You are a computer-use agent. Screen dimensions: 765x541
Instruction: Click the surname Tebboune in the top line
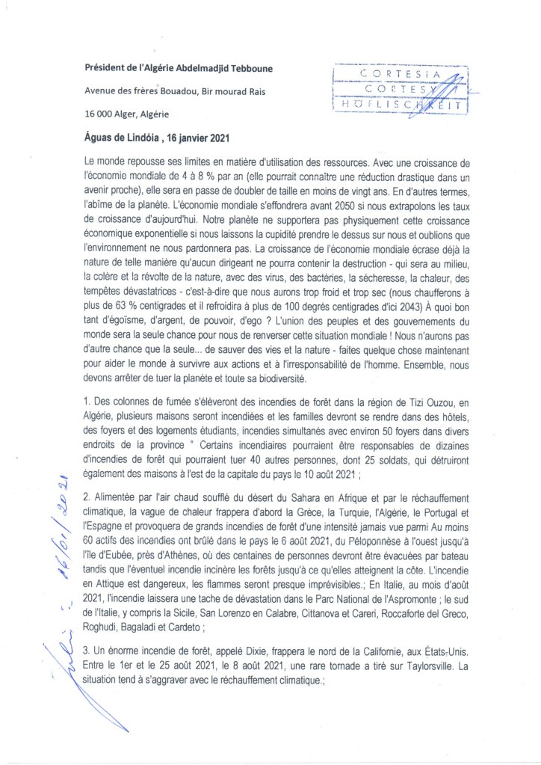(x=247, y=70)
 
